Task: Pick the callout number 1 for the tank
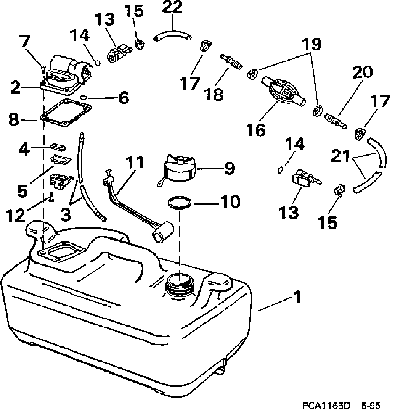[297, 298]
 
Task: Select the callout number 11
[133, 163]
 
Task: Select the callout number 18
[215, 94]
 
